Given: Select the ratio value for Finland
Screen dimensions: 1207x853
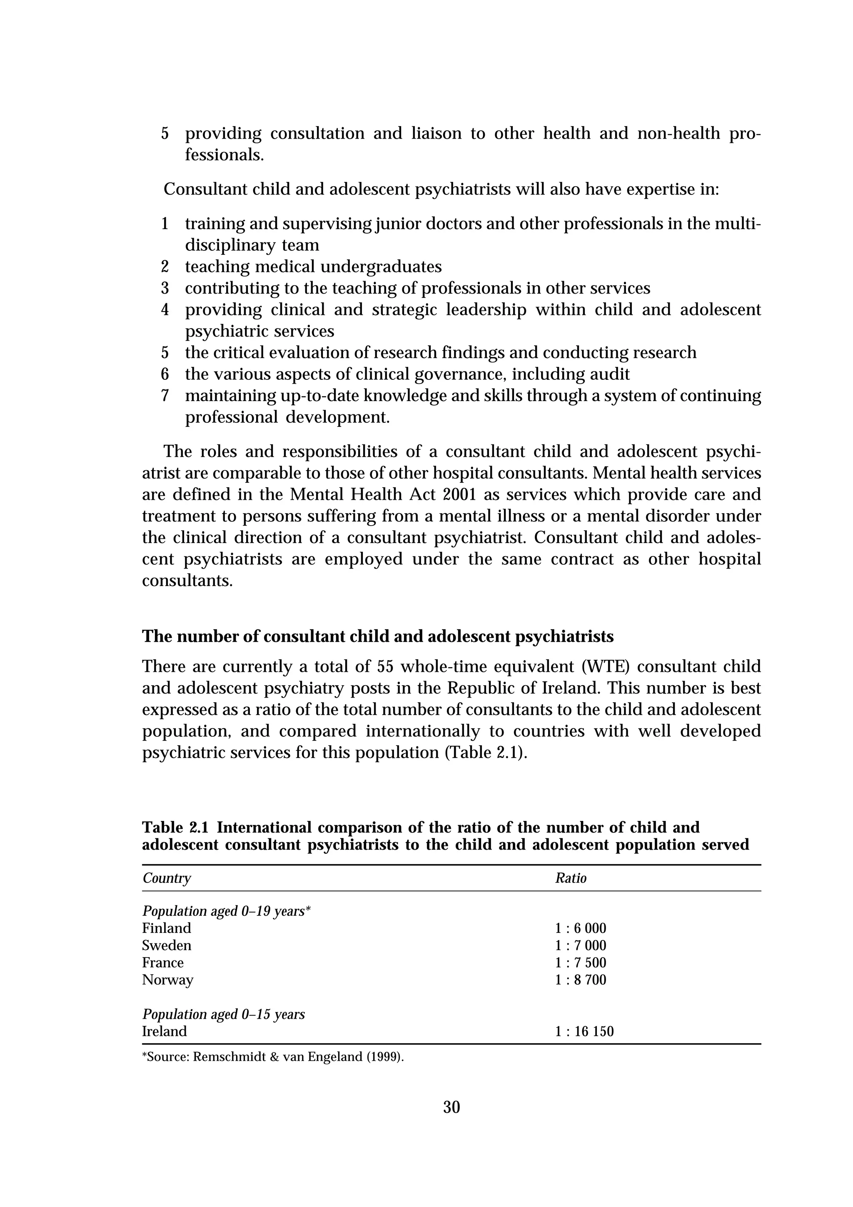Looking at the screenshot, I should pyautogui.click(x=580, y=928).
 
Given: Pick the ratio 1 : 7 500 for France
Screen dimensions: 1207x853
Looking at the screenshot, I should pyautogui.click(x=580, y=963).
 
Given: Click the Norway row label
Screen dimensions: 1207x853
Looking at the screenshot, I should pyautogui.click(x=168, y=980).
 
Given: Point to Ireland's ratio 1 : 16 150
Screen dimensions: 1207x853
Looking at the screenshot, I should pyautogui.click(x=584, y=1031).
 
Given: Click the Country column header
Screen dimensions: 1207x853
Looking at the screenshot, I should pyautogui.click(x=167, y=878).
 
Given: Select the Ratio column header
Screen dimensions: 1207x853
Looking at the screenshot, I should pyautogui.click(x=571, y=878).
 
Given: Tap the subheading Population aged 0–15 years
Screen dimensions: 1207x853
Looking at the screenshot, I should pyautogui.click(x=223, y=1014).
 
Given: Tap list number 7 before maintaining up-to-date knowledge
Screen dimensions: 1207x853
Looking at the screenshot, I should pyautogui.click(x=165, y=396).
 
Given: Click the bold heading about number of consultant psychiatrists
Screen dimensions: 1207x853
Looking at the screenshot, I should pyautogui.click(x=378, y=637).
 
